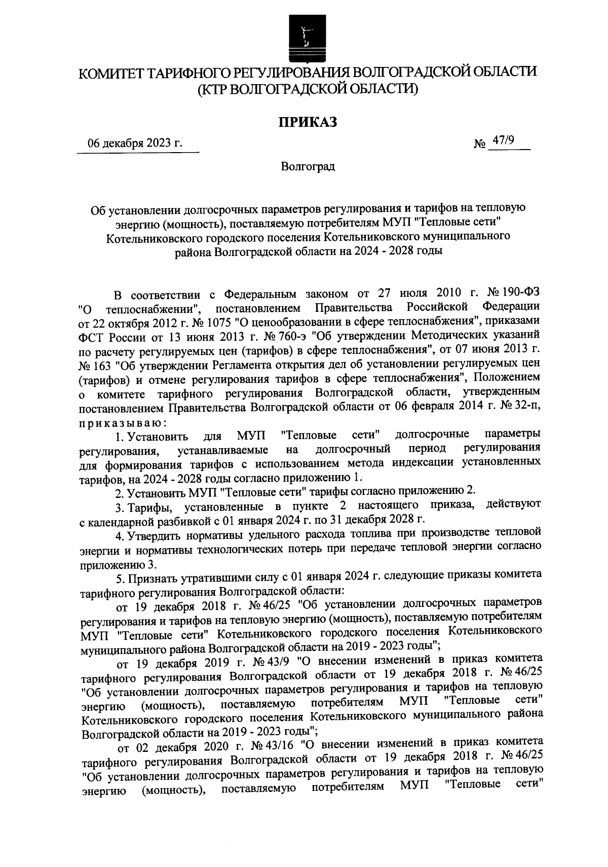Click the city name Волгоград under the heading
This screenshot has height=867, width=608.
pos(308,166)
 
